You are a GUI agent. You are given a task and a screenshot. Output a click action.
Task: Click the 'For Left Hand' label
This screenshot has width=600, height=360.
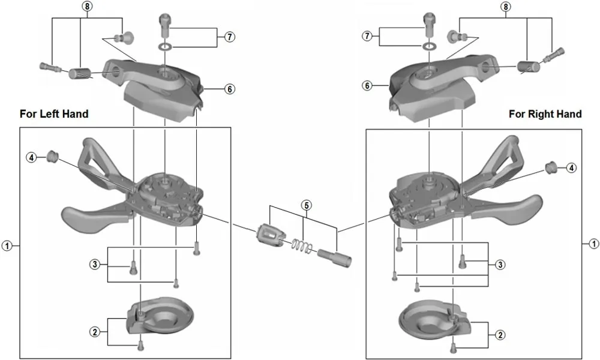click(54, 113)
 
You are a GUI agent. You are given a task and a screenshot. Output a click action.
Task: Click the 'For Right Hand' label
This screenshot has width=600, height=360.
click(545, 113)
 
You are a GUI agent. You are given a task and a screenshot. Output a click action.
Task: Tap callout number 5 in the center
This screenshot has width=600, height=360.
click(306, 205)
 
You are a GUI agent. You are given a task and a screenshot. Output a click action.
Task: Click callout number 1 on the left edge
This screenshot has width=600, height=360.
click(7, 245)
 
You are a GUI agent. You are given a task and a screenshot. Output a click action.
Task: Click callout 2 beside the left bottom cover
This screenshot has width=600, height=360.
click(94, 331)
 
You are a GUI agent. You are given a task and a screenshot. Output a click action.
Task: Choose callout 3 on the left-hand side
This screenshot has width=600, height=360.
click(94, 265)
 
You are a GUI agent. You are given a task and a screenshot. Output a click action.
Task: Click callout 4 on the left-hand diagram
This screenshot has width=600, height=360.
click(31, 157)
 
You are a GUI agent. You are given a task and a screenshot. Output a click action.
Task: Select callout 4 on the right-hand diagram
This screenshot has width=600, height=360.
click(572, 167)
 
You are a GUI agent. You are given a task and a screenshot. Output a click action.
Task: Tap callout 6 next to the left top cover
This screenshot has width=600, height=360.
click(229, 89)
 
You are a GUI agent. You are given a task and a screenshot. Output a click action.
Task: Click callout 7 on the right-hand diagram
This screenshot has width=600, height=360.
click(368, 37)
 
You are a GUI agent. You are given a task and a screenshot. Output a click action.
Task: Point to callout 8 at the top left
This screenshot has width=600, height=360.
click(88, 7)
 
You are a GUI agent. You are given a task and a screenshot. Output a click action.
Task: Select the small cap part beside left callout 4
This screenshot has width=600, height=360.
click(52, 157)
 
